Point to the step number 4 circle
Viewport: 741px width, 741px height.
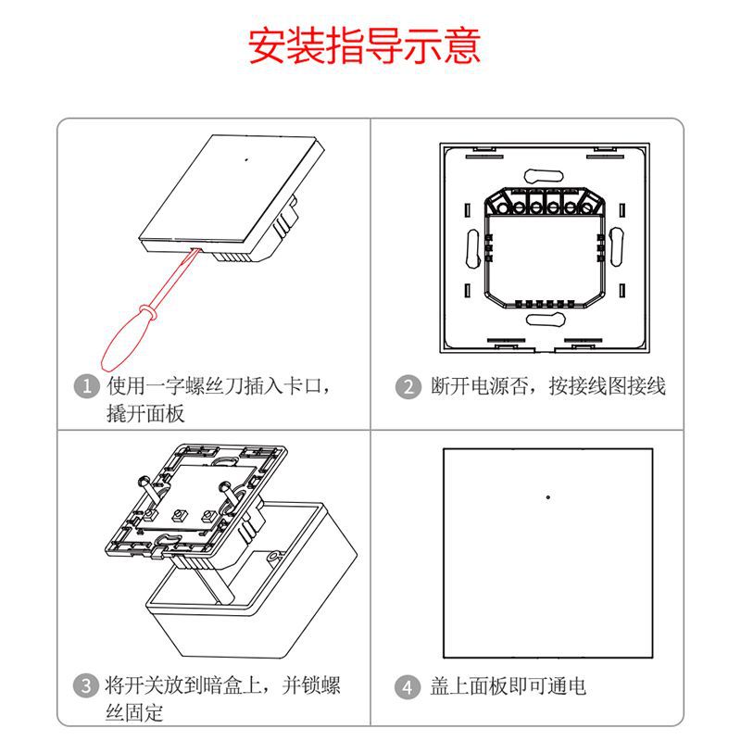coord(408,687)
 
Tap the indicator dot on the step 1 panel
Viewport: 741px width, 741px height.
coord(246,158)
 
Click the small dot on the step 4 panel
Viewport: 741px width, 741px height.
coord(548,497)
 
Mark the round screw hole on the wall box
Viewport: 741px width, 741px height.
coord(274,558)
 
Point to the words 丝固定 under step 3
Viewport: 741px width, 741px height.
coord(134,712)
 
